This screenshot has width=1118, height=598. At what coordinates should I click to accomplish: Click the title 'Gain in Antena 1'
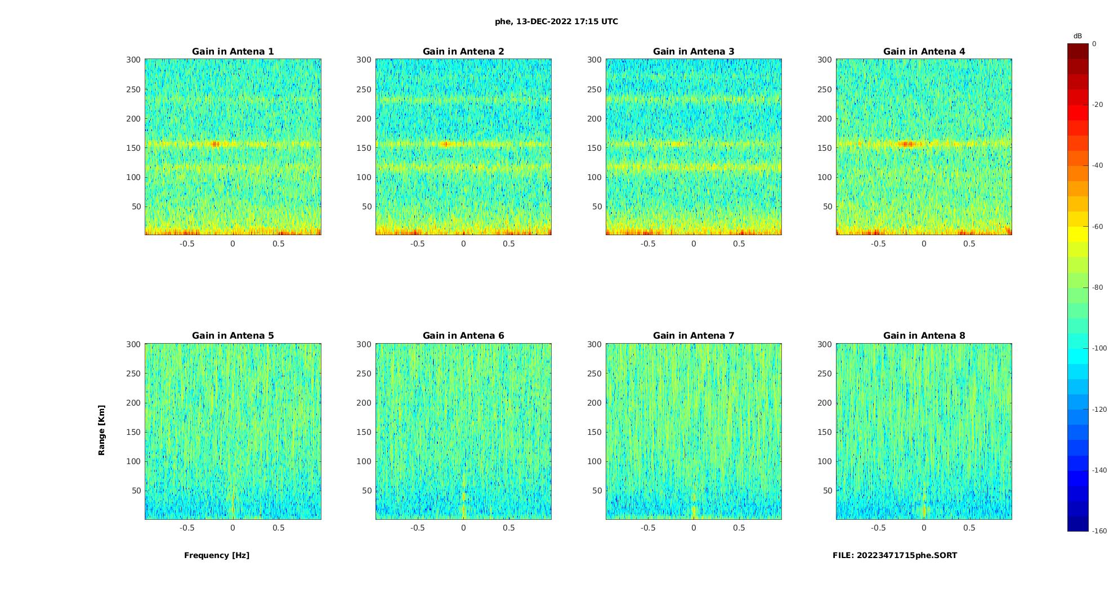click(x=232, y=52)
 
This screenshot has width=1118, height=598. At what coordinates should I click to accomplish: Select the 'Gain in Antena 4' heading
click(x=924, y=52)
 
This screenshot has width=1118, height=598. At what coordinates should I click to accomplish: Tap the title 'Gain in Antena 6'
click(x=463, y=336)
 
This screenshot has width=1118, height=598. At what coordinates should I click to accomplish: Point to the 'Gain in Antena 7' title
click(x=694, y=336)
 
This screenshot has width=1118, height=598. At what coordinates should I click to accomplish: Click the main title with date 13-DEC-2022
click(x=556, y=22)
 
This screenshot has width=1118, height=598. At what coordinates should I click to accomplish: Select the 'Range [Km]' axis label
click(x=102, y=430)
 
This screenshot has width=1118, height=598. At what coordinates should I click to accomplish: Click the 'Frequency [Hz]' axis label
click(x=217, y=555)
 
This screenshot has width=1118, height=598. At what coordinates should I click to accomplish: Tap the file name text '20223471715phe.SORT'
click(x=907, y=555)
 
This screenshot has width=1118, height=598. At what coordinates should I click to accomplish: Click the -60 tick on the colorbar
click(x=1097, y=227)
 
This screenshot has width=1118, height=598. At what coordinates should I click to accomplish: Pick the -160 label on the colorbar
click(x=1099, y=531)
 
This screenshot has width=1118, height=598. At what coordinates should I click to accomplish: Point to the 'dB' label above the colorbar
click(x=1077, y=36)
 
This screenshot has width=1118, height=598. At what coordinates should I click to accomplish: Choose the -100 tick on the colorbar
click(x=1099, y=348)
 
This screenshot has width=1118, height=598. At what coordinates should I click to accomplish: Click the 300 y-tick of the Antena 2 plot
click(x=364, y=60)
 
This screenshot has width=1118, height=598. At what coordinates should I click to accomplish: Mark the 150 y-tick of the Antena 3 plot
click(x=594, y=148)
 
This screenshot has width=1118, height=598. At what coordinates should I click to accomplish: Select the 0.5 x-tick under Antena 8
click(x=969, y=528)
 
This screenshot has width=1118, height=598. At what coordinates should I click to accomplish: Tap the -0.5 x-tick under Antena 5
click(x=187, y=528)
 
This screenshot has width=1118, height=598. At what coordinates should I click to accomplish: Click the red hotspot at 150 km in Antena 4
click(x=907, y=144)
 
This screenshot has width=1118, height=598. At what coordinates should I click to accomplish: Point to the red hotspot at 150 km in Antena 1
click(x=214, y=144)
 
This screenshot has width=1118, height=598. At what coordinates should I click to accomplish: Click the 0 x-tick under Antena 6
click(x=463, y=528)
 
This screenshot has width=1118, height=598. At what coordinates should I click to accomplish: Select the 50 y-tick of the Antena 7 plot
click(x=597, y=491)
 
